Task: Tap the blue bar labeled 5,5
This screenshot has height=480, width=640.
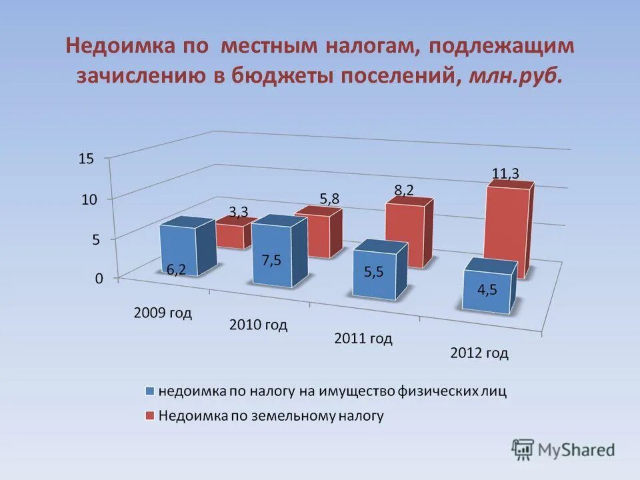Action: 373,275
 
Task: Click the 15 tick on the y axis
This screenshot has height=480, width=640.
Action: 87,159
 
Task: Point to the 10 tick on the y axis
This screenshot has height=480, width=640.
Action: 89,199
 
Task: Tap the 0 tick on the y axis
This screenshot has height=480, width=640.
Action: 99,279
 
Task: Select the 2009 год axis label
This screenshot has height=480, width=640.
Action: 163,313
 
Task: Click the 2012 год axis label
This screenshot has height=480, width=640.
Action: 479,353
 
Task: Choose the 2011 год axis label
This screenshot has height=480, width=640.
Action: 363,338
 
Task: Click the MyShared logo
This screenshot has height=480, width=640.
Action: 563,450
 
